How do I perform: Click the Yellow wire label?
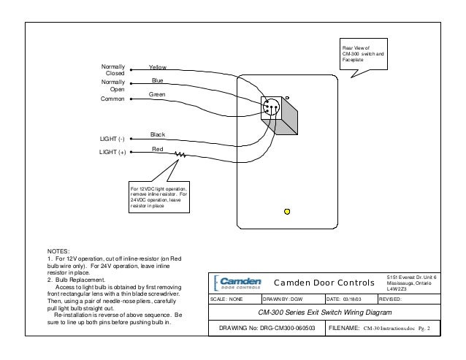coord(157,66)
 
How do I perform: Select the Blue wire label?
coord(156,80)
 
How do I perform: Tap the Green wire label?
coord(158,95)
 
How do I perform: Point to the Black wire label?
coord(157,134)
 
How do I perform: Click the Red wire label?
coord(156,148)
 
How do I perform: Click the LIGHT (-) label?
coord(112,138)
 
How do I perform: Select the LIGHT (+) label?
coord(112,153)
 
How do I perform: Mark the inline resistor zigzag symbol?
coord(180,154)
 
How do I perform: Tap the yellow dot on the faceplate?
coord(287,212)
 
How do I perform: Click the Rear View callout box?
coord(363,53)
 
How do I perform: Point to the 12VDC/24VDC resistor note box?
coord(159,198)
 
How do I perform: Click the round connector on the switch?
coord(271,106)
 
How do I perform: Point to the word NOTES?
coord(58,251)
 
